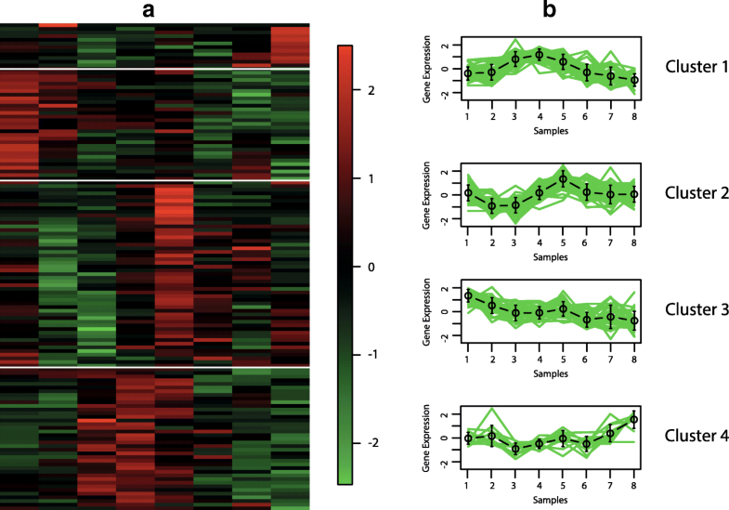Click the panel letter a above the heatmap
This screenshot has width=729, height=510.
[x=155, y=10]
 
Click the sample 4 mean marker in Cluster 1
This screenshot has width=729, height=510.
[x=539, y=55]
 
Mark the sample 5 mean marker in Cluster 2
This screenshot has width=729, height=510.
[x=563, y=179]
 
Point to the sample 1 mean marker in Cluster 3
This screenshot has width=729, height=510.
[x=467, y=296]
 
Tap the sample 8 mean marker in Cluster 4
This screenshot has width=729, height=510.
[x=634, y=420]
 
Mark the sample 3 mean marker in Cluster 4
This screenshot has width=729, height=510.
[x=515, y=450]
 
